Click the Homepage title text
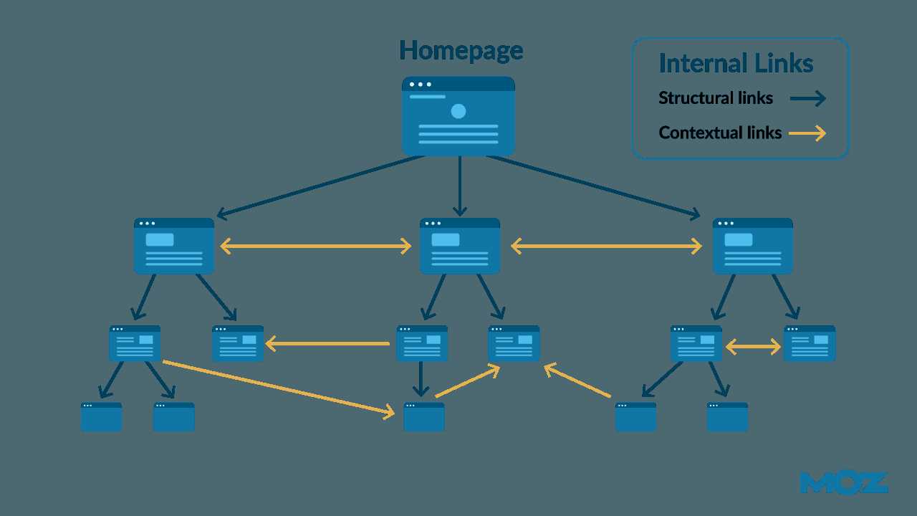(461, 51)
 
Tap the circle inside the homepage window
(458, 111)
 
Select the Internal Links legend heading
(736, 63)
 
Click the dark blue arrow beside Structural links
(808, 99)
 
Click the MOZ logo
(844, 483)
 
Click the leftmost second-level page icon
(174, 246)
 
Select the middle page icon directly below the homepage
(460, 246)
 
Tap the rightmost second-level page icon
(752, 246)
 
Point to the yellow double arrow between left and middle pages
(316, 247)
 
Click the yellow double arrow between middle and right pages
(606, 247)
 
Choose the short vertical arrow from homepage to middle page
(460, 186)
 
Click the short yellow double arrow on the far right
(753, 348)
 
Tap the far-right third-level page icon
(810, 343)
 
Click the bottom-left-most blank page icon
(101, 417)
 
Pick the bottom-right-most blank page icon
(727, 417)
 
